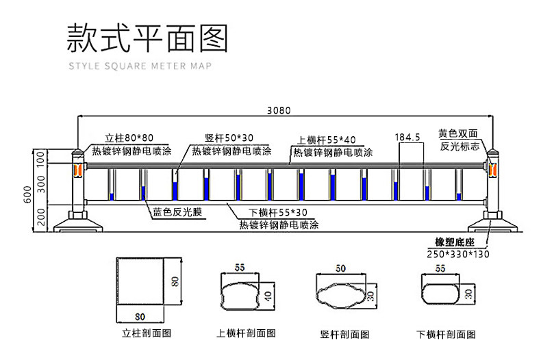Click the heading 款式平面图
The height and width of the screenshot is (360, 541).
pos(147,40)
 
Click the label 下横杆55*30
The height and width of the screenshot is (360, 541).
pos(270,212)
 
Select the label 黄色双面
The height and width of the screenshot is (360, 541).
pos(457,134)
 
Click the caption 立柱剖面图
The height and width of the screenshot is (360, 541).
pos(146,334)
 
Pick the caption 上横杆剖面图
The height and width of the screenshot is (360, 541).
pos(246,334)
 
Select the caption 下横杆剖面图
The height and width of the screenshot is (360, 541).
pos(445,335)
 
